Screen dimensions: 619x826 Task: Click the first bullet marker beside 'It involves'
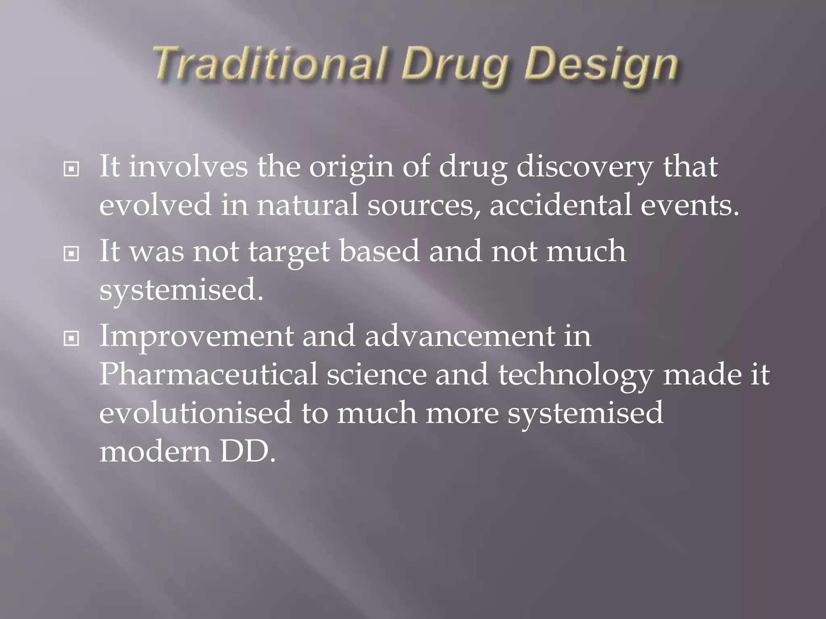pyautogui.click(x=71, y=170)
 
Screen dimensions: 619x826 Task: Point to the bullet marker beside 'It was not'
pyautogui.click(x=71, y=254)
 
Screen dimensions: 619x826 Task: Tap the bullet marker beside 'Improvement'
pyautogui.click(x=71, y=339)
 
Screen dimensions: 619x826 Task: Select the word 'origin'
pyautogui.click(x=351, y=167)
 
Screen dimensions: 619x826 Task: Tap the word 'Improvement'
pyautogui.click(x=196, y=336)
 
